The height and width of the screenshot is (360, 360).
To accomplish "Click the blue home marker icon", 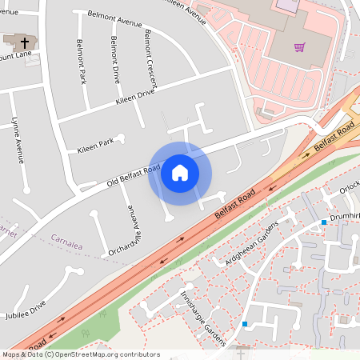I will (x=180, y=173).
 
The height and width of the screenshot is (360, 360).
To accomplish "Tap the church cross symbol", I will (x=24, y=42).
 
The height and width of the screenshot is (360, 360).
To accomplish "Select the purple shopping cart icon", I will (x=299, y=47).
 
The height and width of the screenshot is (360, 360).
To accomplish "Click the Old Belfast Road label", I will (x=129, y=178).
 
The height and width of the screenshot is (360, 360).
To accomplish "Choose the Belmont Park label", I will (x=81, y=62).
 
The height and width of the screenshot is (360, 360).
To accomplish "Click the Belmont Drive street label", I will (x=115, y=60).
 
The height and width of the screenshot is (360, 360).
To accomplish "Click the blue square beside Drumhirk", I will (x=324, y=222).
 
